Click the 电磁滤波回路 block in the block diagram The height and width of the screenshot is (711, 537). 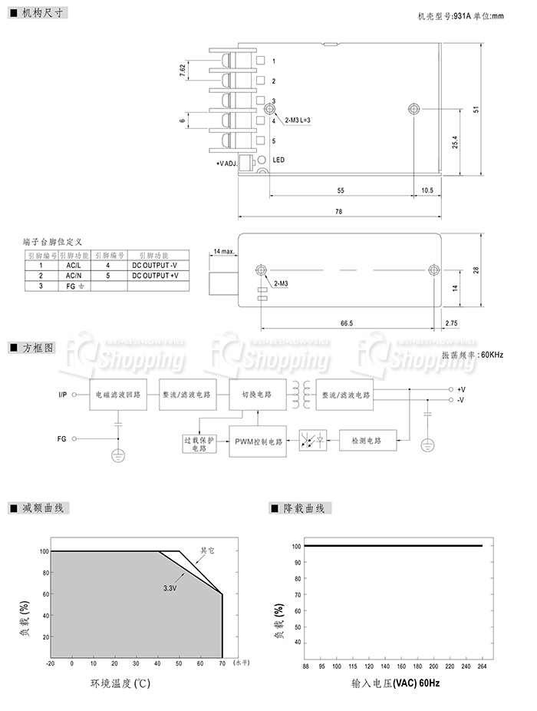click(x=118, y=395)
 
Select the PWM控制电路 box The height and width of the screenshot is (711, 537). click(x=258, y=441)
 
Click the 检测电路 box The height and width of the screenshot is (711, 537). click(x=367, y=441)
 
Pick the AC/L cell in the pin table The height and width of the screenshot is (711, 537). click(x=74, y=265)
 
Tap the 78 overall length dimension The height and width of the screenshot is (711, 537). click(x=339, y=212)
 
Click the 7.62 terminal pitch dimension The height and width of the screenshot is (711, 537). click(x=183, y=69)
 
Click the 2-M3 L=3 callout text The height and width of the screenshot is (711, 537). click(x=298, y=121)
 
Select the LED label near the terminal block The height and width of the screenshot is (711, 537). click(x=278, y=160)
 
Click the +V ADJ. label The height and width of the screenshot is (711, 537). click(x=226, y=163)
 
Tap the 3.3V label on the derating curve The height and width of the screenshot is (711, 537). click(x=170, y=588)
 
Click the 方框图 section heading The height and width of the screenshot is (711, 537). click(x=38, y=347)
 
